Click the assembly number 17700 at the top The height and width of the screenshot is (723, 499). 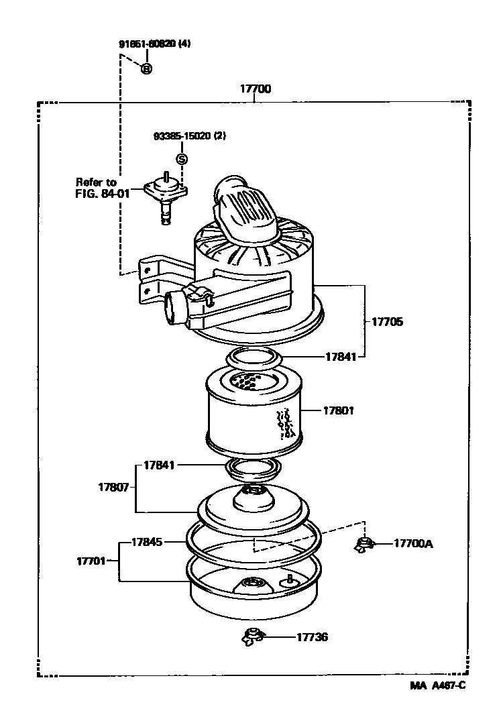256,89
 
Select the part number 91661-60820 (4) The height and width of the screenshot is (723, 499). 155,44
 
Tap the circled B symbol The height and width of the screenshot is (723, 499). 146,68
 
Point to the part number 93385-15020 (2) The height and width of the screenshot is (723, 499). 190,135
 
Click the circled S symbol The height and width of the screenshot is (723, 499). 181,159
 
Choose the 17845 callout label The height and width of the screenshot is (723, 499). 146,541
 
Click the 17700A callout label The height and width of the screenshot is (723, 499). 413,544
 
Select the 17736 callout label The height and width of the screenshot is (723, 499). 313,637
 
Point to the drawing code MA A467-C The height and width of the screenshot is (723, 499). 438,685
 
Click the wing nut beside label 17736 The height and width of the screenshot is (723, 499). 254,636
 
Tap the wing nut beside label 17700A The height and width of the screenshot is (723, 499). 364,545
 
